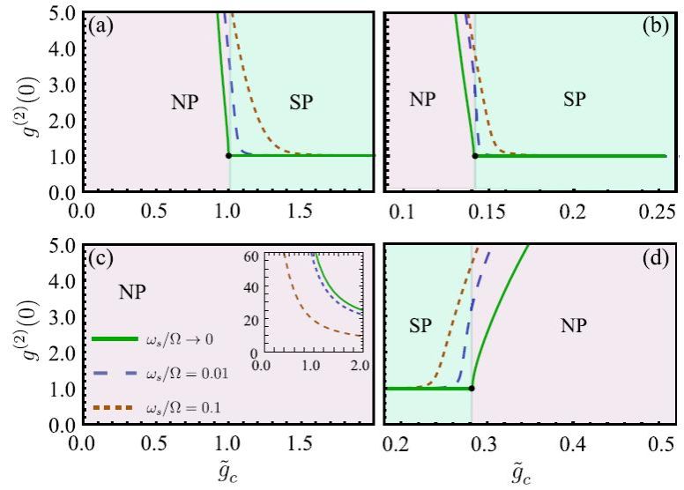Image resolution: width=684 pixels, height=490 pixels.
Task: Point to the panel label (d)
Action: (x=654, y=260)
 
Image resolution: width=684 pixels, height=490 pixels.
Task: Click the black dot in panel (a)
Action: (x=229, y=156)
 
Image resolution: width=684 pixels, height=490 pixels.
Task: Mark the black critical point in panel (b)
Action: (x=475, y=156)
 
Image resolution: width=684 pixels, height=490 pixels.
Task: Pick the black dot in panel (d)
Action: (x=472, y=388)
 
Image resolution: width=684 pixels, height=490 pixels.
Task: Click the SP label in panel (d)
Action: (x=424, y=326)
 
